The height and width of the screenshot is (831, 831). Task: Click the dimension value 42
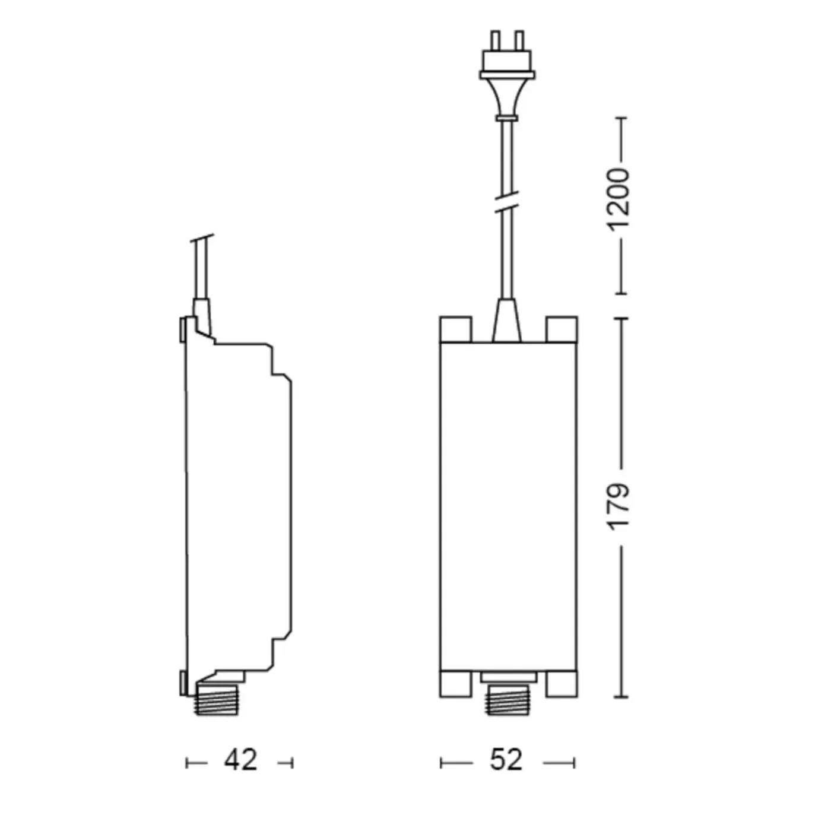[x=240, y=759]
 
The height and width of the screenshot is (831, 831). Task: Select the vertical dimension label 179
[x=617, y=507]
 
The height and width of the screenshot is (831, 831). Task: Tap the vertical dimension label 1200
[x=617, y=200]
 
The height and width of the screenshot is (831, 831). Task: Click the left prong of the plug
[x=495, y=40]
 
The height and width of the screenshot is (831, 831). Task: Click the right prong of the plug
[x=519, y=40]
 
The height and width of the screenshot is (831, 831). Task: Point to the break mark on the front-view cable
[x=507, y=202]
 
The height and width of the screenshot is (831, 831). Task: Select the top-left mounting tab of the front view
[x=455, y=329]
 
